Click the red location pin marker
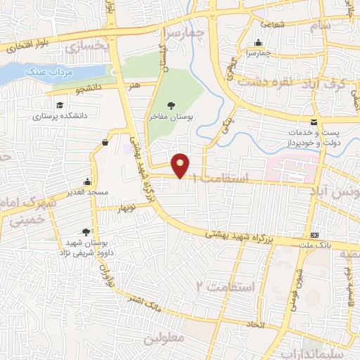pyautogui.click(x=181, y=165)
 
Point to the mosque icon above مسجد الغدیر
pyautogui.click(x=87, y=181)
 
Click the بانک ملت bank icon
pyautogui.click(x=315, y=235)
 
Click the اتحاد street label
pyautogui.click(x=252, y=325)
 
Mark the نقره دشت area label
pyautogui.click(x=262, y=81)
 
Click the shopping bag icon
pyautogui.click(x=105, y=143)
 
